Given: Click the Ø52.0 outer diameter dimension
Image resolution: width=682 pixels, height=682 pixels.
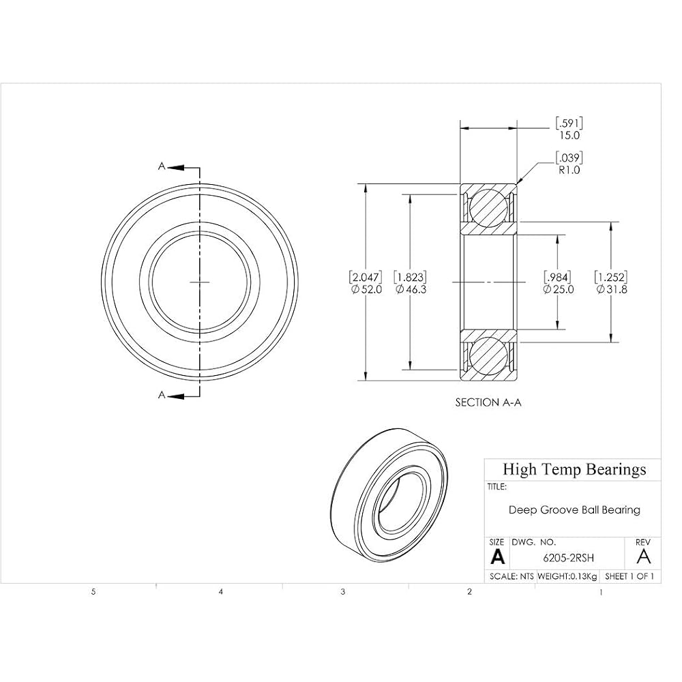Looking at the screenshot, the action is pyautogui.click(x=367, y=290).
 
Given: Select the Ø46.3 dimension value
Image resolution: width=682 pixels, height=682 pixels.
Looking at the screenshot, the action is pyautogui.click(x=411, y=290).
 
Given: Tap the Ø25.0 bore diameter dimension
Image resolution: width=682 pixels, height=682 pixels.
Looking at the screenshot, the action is pyautogui.click(x=559, y=290).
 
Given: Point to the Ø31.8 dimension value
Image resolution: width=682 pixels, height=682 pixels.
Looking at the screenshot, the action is pyautogui.click(x=612, y=290).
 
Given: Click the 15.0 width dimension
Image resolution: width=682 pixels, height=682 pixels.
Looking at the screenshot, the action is pyautogui.click(x=569, y=135).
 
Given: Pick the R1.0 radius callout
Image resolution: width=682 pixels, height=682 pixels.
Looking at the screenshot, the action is pyautogui.click(x=569, y=170).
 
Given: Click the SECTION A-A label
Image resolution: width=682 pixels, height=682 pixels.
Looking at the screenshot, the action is pyautogui.click(x=488, y=403).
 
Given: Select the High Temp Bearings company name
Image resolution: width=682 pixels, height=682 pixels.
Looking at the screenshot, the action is pyautogui.click(x=574, y=469).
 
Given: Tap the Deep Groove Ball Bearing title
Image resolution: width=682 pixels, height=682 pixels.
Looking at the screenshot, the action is pyautogui.click(x=574, y=509).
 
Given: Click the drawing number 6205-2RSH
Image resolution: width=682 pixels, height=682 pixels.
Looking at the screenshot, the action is pyautogui.click(x=569, y=558).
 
